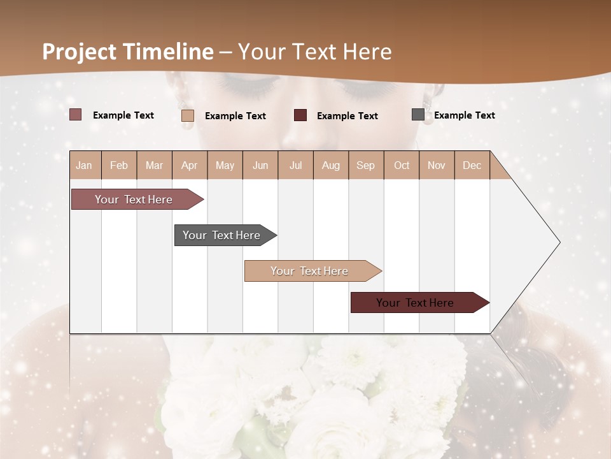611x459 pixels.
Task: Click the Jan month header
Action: coord(84,165)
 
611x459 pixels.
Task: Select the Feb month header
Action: coord(119,165)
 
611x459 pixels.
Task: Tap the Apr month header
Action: coord(190,165)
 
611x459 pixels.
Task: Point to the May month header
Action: coord(225,165)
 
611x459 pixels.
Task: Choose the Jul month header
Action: coord(295,165)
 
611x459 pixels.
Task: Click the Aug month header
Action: coord(331,165)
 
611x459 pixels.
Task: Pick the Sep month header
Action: coord(366,165)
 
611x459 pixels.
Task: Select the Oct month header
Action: coord(402,165)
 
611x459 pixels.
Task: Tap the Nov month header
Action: coord(437,165)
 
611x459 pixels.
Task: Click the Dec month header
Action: coord(472,165)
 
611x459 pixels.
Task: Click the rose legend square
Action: coord(76,115)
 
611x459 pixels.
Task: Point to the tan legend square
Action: coord(188,115)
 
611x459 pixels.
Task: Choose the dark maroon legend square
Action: coord(300,115)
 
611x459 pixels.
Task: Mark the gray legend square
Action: coord(418,115)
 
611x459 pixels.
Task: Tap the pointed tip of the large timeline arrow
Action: coord(558,242)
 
